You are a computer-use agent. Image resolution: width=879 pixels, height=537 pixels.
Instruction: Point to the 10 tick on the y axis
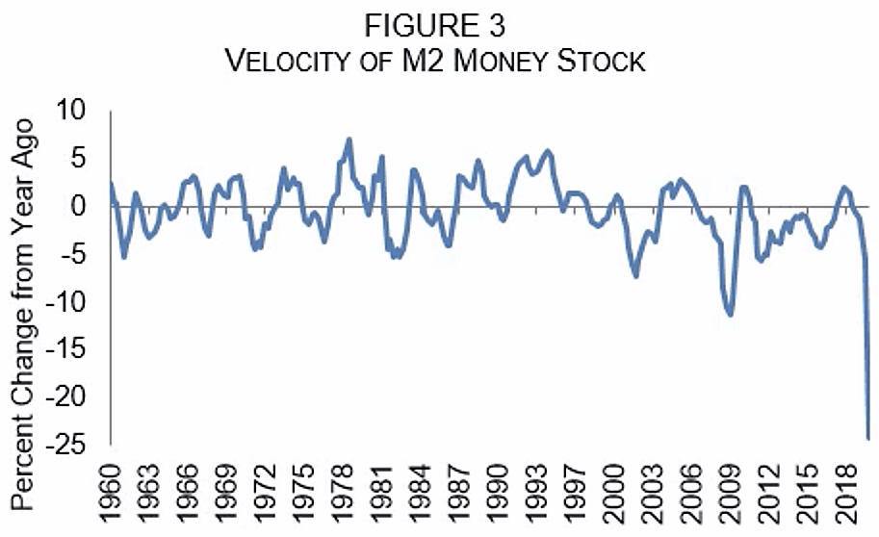coord(71,113)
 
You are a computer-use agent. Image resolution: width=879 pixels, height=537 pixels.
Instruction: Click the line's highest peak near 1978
coord(349,140)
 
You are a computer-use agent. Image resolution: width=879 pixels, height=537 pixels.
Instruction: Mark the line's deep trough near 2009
coord(731,315)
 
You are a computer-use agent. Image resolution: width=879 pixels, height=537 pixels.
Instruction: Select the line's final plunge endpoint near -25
coord(868,439)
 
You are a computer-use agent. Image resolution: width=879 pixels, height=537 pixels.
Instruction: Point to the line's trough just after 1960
coord(124,257)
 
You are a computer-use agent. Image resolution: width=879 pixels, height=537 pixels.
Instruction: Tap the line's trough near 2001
coord(636,276)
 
